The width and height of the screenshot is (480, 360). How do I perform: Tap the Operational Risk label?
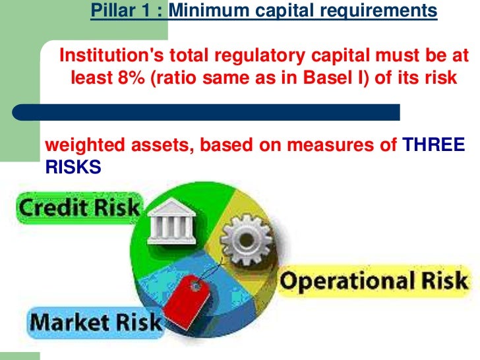(373, 282)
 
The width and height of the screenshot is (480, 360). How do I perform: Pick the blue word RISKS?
(73, 167)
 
